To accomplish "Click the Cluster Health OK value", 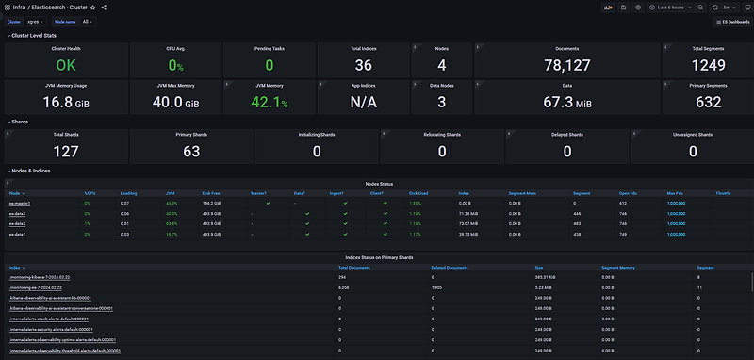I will tap(65, 65).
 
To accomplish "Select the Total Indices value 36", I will tap(363, 65).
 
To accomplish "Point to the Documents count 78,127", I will tap(566, 65).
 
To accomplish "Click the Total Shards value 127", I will tap(66, 151).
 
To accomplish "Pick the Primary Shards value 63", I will tap(191, 151).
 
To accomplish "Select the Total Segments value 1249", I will tap(706, 65).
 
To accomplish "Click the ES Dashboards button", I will tap(732, 21).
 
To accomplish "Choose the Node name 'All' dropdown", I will tap(87, 21).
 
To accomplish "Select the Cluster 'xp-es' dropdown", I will tap(34, 21).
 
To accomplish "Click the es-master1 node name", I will tap(19, 203).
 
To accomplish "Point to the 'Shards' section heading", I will tap(19, 121).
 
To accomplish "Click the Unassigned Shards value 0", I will tap(693, 151).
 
